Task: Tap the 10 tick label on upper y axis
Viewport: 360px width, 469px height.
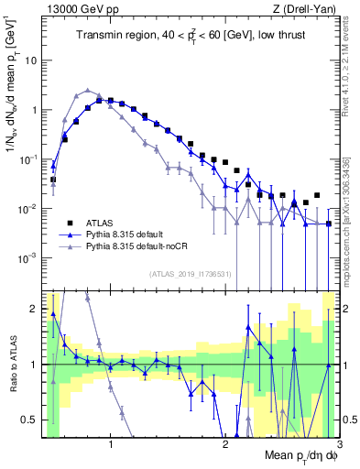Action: tap(31, 60)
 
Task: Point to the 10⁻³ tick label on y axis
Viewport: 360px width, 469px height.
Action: tap(28, 258)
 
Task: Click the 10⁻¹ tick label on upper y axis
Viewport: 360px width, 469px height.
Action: tap(28, 159)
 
